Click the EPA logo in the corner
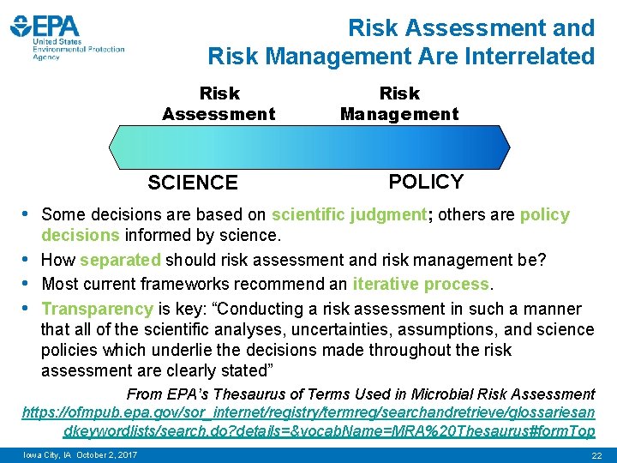click(x=67, y=37)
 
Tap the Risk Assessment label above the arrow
click(x=219, y=103)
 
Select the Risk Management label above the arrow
click(x=399, y=103)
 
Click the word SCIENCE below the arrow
click(x=193, y=183)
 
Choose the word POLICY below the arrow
click(x=426, y=182)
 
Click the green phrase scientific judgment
click(x=349, y=215)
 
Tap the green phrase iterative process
click(x=420, y=285)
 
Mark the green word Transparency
click(x=97, y=309)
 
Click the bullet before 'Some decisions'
click(x=27, y=214)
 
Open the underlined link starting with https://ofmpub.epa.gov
click(x=308, y=413)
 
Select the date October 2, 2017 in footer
click(x=107, y=454)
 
